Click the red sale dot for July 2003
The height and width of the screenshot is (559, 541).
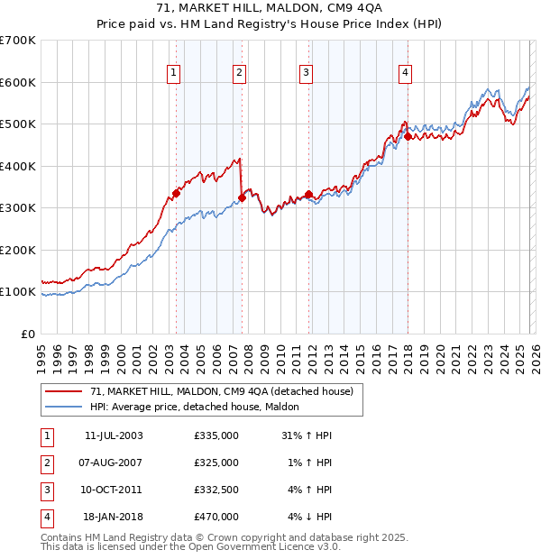(x=177, y=193)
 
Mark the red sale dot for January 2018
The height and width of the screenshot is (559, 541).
(x=408, y=137)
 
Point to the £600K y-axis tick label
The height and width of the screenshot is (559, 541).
(x=18, y=82)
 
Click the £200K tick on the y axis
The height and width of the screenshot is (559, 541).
(x=18, y=250)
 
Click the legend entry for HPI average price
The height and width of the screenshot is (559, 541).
(x=199, y=408)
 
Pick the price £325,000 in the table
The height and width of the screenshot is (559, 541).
(x=216, y=463)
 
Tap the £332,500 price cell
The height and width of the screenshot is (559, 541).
(x=216, y=490)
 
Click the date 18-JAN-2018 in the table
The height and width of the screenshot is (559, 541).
(x=113, y=517)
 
